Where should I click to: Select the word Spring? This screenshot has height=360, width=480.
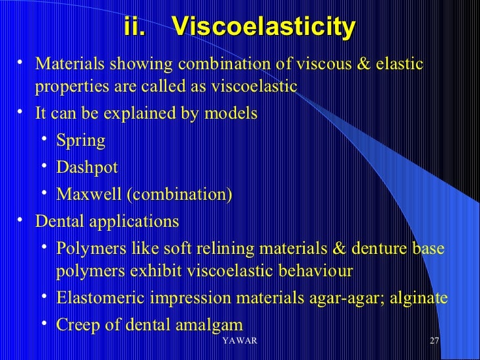(80, 141)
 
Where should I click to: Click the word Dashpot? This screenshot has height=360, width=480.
(87, 167)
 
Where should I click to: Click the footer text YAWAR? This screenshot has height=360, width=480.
(240, 340)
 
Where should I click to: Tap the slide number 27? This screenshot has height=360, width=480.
(434, 340)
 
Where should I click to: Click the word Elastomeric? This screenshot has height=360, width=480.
(101, 297)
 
